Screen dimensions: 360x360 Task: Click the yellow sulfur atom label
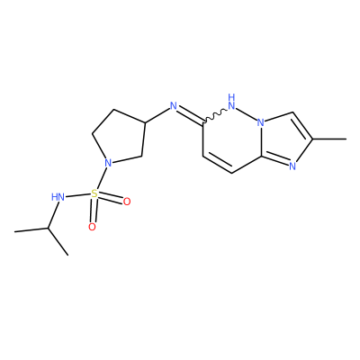(x=94, y=193)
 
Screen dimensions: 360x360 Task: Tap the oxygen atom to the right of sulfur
(x=127, y=202)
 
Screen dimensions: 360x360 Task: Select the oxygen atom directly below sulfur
(x=93, y=227)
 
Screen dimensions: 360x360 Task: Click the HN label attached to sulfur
(x=58, y=197)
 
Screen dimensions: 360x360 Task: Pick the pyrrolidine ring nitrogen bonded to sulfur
(x=108, y=163)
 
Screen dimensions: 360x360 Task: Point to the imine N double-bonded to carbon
(x=173, y=105)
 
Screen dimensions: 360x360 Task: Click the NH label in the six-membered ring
(x=231, y=102)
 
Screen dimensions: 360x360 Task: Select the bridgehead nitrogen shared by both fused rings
(x=261, y=122)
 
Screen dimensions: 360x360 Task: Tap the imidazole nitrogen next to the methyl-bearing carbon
(x=292, y=166)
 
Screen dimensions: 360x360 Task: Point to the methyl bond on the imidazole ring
(x=329, y=139)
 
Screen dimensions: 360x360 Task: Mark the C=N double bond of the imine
(x=191, y=115)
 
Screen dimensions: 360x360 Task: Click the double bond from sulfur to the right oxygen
(x=111, y=198)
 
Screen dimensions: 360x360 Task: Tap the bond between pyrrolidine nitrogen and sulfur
(x=102, y=178)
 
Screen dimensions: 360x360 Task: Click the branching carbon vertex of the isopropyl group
(x=48, y=229)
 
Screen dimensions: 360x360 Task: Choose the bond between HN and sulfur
(x=78, y=195)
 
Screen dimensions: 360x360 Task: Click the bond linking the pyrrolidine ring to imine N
(x=157, y=115)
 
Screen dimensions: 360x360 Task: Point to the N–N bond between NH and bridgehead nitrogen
(x=247, y=114)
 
